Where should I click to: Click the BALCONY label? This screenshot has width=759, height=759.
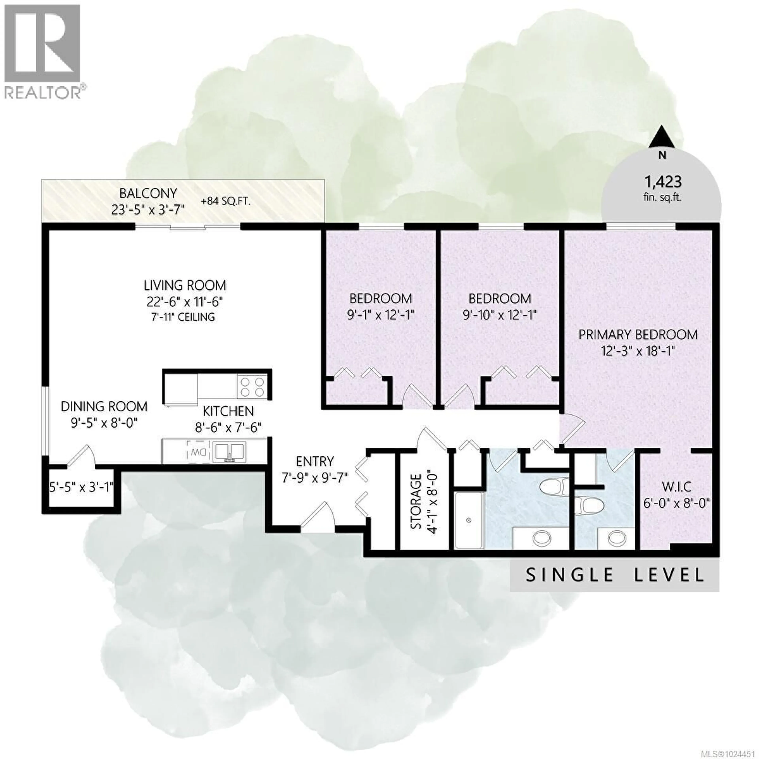[148, 194]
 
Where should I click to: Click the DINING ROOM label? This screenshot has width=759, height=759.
[104, 407]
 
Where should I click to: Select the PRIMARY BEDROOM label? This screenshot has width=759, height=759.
[638, 335]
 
